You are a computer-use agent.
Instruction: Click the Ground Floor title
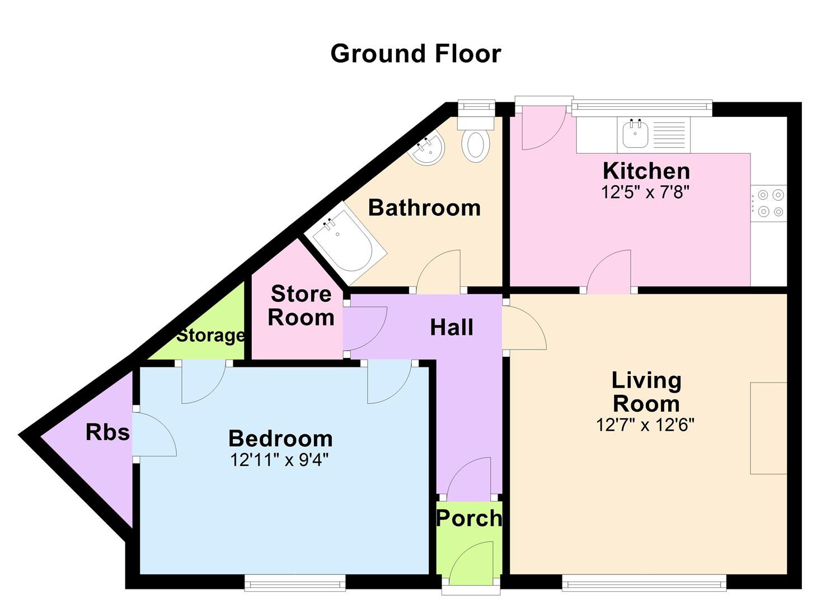pos(416,54)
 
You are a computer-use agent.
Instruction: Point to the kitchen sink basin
pos(635,135)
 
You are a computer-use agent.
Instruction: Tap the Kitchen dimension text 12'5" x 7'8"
pos(645,192)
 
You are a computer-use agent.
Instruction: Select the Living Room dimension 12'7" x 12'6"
pos(645,425)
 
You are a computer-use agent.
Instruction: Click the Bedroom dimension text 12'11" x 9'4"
pos(279,460)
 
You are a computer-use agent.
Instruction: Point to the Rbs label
pos(107,432)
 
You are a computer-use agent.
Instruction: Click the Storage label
pos(210,336)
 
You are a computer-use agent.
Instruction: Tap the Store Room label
pos(301,306)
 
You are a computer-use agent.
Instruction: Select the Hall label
pos(452,327)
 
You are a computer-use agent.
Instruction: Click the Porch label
pos(470,518)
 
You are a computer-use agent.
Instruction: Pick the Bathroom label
pos(424,207)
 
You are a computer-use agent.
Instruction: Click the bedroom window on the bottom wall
pos(295,584)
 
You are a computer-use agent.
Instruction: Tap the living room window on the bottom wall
pos(644,584)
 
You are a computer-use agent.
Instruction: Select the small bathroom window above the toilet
pos(476,108)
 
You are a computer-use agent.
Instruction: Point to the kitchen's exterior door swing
pos(544,128)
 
